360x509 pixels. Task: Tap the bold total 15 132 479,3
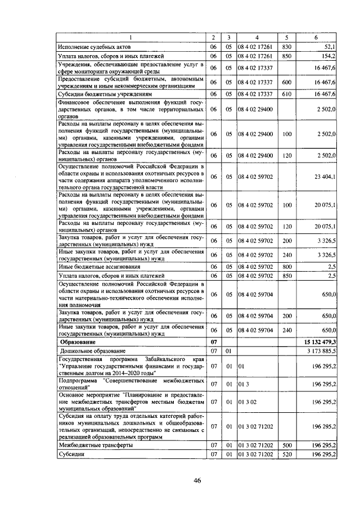coord(318,342)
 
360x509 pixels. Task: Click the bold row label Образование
coord(78,342)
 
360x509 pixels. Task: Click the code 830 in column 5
coord(287,47)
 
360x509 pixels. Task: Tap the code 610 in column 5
coord(287,94)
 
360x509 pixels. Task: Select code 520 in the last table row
coord(287,454)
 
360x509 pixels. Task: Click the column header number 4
coord(255,37)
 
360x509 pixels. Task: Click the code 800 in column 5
coord(287,267)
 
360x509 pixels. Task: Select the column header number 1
coord(130,37)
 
